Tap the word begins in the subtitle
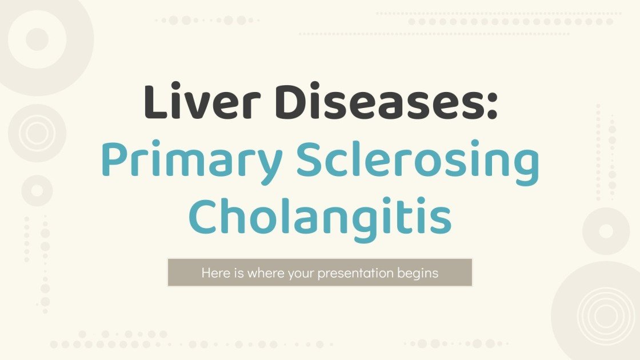[418, 273]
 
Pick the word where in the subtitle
[259, 273]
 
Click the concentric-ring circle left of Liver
[37, 133]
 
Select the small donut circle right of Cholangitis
[606, 230]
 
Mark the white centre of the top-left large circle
[37, 39]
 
